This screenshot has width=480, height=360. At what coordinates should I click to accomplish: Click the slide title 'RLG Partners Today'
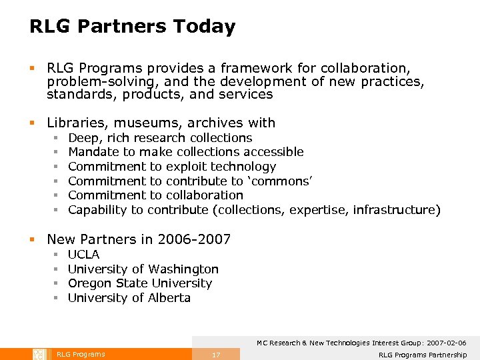pyautogui.click(x=132, y=27)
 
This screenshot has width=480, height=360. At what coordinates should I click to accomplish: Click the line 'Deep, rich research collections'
pyautogui.click(x=160, y=138)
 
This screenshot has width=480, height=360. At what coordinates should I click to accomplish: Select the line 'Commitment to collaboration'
pyautogui.click(x=155, y=195)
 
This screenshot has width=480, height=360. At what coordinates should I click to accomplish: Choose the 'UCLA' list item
pyautogui.click(x=84, y=255)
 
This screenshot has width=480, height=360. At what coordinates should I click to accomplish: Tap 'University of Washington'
pyautogui.click(x=143, y=269)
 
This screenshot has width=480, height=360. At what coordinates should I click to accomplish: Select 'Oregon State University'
pyautogui.click(x=140, y=283)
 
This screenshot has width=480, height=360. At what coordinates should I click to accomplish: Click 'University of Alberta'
pyautogui.click(x=129, y=298)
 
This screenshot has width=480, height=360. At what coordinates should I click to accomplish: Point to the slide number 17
pyautogui.click(x=215, y=355)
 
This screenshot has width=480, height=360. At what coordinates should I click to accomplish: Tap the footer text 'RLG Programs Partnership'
pyautogui.click(x=423, y=355)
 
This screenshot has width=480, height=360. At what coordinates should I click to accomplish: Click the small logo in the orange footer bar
pyautogui.click(x=39, y=354)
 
